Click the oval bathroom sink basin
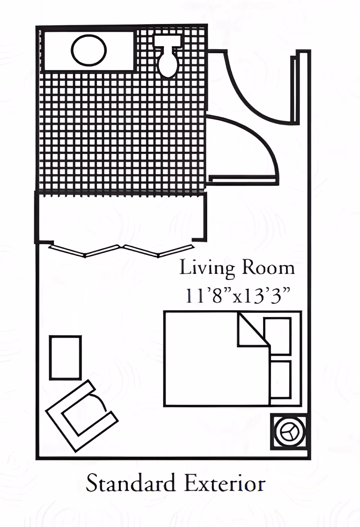[x=89, y=50]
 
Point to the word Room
[x=268, y=268]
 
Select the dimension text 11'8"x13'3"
[x=238, y=295]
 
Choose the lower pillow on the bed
[x=280, y=379]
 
